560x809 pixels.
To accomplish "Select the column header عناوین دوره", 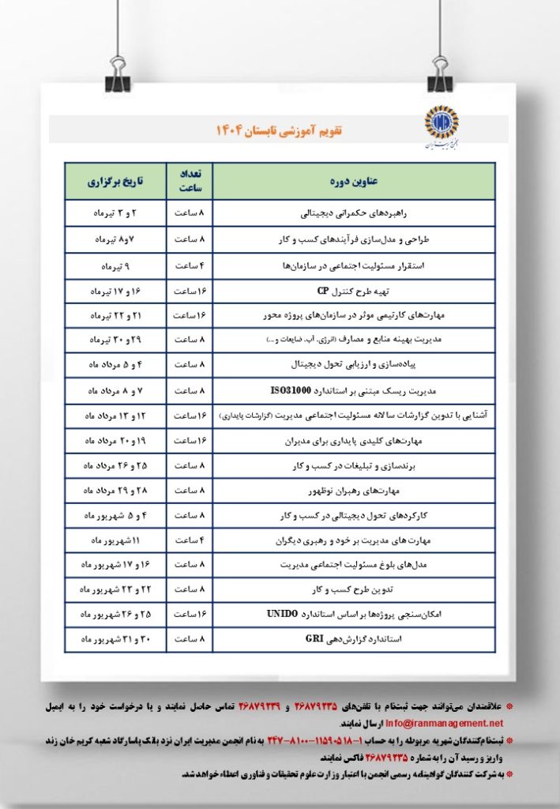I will pyautogui.click(x=353, y=182).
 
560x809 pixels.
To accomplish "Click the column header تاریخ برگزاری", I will pyautogui.click(x=115, y=182).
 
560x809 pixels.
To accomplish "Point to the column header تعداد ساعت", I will pyautogui.click(x=189, y=181).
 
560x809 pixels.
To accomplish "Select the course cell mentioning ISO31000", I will pyautogui.click(x=353, y=389).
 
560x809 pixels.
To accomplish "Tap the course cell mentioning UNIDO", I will pyautogui.click(x=353, y=614).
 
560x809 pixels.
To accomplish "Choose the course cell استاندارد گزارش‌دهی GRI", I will pyautogui.click(x=353, y=639).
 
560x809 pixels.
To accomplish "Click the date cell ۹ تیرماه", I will pyautogui.click(x=115, y=265).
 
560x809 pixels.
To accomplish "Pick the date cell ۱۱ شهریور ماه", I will pyautogui.click(x=115, y=540).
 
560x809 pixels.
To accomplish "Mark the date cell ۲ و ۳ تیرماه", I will pyautogui.click(x=115, y=214).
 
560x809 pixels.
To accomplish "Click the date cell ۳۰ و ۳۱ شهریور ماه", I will pyautogui.click(x=115, y=639).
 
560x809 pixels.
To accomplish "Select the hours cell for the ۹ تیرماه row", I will pyautogui.click(x=189, y=265).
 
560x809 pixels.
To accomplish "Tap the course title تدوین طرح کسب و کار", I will pyautogui.click(x=353, y=589).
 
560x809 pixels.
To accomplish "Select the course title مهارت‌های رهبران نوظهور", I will pyautogui.click(x=353, y=491).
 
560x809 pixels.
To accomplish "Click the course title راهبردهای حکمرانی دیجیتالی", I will pyautogui.click(x=353, y=214).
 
